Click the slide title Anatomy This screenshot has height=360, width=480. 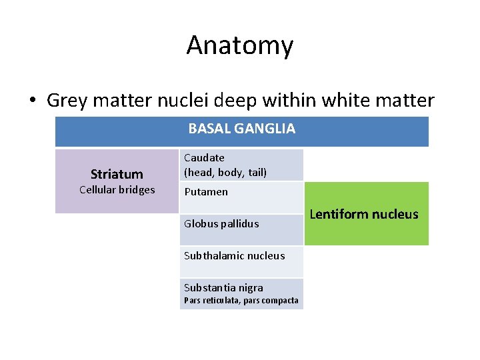240,45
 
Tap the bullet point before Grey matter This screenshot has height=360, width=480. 32,101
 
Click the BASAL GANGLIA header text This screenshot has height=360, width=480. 241,129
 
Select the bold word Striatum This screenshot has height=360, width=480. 117,175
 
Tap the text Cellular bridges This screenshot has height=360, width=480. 117,190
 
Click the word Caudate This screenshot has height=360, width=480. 204,158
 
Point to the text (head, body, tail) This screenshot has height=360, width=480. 225,172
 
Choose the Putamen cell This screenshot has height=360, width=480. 206,192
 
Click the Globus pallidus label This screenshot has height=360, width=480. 221,224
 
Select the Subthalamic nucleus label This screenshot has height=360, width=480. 234,256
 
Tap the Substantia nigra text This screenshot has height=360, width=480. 223,288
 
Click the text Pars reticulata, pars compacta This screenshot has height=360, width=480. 241,301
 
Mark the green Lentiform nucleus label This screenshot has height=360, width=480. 364,214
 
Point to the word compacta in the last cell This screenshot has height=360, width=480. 281,301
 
